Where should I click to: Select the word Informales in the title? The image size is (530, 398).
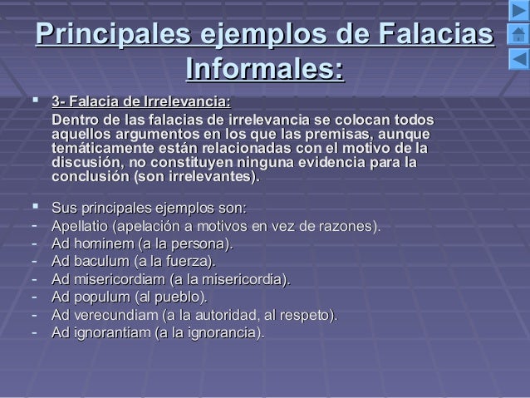click(260, 69)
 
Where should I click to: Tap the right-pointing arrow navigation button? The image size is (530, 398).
click(515, 12)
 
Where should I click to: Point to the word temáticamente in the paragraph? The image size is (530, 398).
click(99, 148)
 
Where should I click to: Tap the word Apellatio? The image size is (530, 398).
click(80, 225)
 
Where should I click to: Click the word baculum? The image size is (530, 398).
click(105, 262)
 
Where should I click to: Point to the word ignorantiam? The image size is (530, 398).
click(111, 334)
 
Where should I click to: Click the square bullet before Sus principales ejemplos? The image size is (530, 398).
click(32, 207)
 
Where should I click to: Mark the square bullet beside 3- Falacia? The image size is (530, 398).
click(32, 102)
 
